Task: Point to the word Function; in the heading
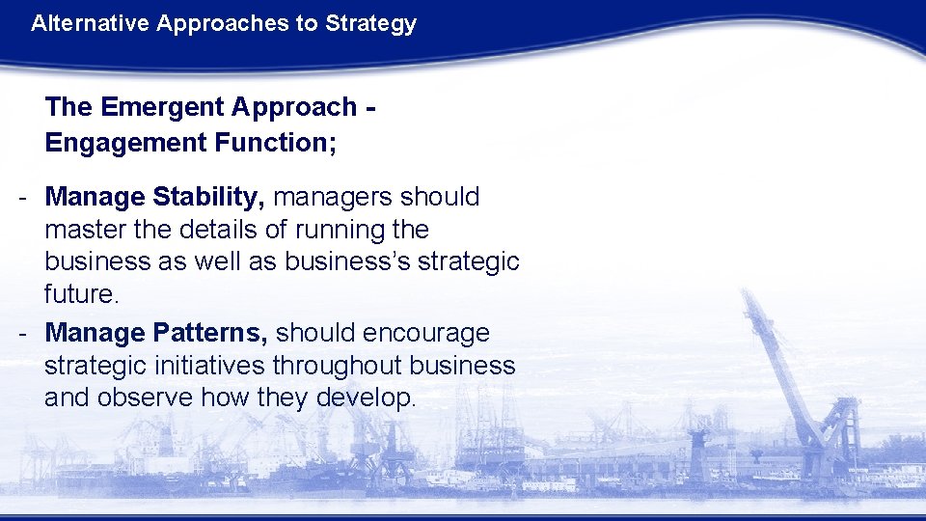point(273,143)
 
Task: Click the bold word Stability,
point(208,197)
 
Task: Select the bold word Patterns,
point(210,333)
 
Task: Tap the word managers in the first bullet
point(332,197)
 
